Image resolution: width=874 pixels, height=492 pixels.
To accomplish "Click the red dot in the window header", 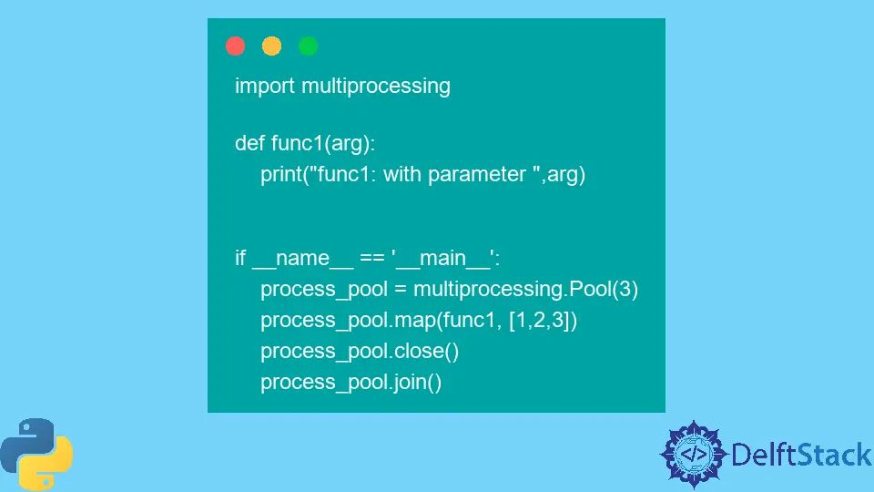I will (x=236, y=46).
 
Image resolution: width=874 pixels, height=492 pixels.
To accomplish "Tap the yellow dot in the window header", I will (x=271, y=46).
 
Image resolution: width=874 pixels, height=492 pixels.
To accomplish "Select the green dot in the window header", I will (x=308, y=46).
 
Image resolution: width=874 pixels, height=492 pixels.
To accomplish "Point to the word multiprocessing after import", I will (x=376, y=86).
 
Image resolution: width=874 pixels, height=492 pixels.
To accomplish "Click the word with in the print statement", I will (x=403, y=174).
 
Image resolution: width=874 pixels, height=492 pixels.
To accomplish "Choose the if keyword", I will (x=240, y=258).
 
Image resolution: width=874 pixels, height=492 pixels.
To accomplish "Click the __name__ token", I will (x=302, y=259).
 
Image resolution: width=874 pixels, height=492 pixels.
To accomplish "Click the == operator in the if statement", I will (x=371, y=259).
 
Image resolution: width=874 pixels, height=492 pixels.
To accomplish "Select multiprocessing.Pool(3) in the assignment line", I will (x=526, y=291).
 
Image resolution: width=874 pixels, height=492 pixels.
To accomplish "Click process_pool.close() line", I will (x=357, y=352).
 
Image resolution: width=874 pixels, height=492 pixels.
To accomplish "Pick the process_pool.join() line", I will (x=351, y=383).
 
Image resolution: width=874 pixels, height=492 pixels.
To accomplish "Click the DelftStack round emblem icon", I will (x=694, y=453).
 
